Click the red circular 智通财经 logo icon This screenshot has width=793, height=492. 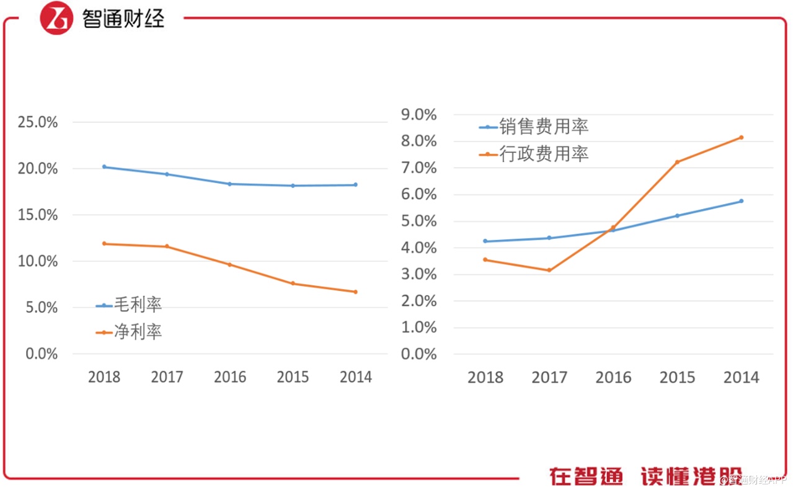click(56, 18)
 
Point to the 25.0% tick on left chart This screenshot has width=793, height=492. click(38, 122)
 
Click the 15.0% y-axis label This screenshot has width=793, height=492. click(38, 215)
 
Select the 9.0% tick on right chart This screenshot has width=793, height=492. click(419, 115)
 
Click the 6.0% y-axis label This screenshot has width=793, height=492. click(419, 195)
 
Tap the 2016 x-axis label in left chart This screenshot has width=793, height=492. click(230, 377)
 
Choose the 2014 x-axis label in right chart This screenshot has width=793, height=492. click(741, 377)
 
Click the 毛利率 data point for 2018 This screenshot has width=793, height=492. click(104, 167)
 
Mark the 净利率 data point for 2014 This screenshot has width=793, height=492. click(356, 292)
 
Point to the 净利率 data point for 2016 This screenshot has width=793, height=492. click(230, 264)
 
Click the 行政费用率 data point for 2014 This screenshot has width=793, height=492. click(741, 137)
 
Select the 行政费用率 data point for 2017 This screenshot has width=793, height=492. click(549, 270)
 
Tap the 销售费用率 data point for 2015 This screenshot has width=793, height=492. click(677, 216)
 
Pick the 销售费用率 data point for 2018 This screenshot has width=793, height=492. click(485, 241)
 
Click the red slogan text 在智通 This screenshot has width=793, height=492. click(586, 476)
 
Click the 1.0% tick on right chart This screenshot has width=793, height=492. click(419, 328)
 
